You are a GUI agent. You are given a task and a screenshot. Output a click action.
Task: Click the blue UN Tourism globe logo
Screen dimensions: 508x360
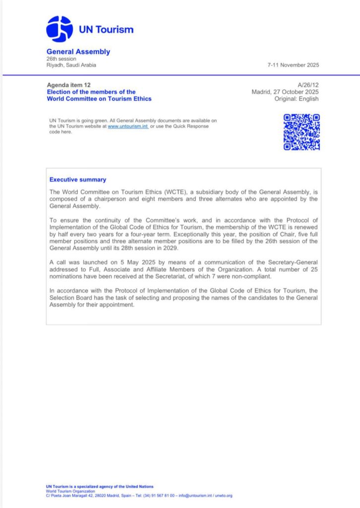click(x=60, y=29)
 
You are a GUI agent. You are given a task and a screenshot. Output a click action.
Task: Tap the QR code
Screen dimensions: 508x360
click(x=301, y=131)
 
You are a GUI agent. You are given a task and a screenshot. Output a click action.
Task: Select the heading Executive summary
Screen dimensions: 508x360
click(x=78, y=180)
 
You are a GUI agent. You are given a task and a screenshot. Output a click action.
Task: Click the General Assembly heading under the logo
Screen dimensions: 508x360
click(x=78, y=52)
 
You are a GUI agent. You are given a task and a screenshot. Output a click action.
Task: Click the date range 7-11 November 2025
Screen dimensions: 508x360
click(x=293, y=65)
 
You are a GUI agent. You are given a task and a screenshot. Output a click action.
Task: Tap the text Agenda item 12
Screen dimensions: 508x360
click(x=68, y=85)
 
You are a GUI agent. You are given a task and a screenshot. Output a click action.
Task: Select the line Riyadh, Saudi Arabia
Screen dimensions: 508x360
click(x=71, y=65)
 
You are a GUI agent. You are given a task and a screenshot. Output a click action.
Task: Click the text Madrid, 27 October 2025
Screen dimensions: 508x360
click(x=285, y=92)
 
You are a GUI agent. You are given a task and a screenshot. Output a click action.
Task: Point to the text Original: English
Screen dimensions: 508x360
click(x=297, y=99)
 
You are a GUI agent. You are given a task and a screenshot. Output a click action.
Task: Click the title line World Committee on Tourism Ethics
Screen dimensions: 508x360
click(x=99, y=99)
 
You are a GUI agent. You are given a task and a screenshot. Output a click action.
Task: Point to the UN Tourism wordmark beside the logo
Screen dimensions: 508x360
click(x=106, y=29)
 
